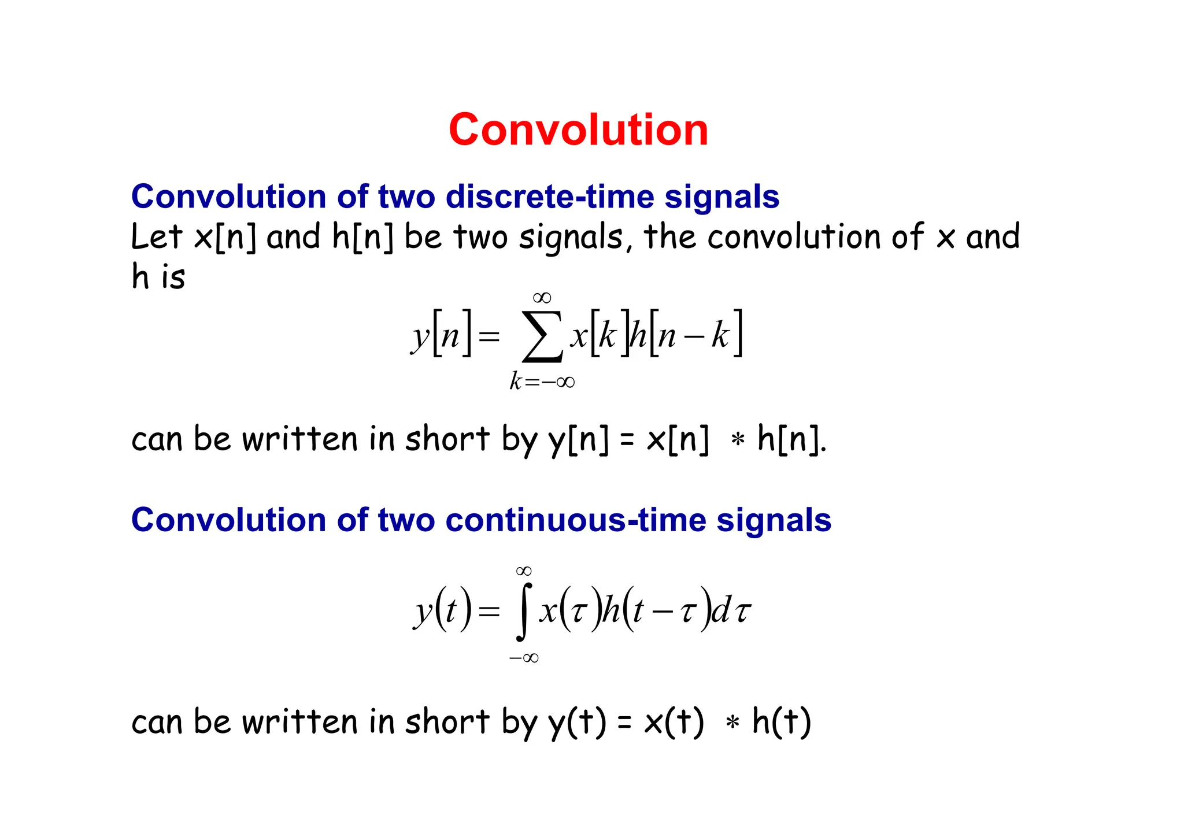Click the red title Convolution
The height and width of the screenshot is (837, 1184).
(578, 129)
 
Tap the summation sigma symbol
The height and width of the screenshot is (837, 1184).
(542, 336)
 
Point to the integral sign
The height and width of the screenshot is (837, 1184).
(523, 612)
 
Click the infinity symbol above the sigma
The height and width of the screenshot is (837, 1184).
(542, 298)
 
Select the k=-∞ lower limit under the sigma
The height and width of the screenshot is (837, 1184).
(542, 382)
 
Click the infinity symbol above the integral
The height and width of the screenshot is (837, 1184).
(524, 571)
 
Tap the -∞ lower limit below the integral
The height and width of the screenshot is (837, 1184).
(524, 658)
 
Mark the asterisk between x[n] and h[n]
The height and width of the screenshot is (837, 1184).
(737, 440)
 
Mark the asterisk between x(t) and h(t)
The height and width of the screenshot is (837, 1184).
(732, 723)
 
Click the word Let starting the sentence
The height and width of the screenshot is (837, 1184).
(157, 237)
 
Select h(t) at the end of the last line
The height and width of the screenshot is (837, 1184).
(782, 723)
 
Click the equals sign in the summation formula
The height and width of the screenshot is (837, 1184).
(489, 336)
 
